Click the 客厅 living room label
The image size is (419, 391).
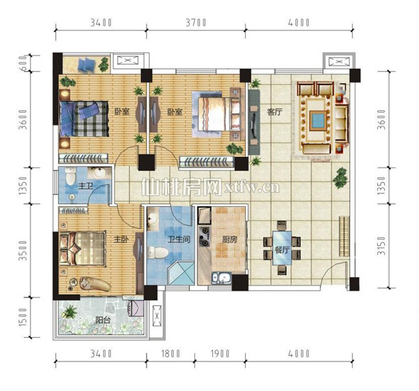click(x=274, y=112)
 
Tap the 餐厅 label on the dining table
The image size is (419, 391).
click(x=282, y=250)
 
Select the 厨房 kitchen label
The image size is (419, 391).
click(x=230, y=239)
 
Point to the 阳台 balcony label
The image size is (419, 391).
click(x=103, y=320)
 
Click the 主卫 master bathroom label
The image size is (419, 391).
click(x=85, y=186)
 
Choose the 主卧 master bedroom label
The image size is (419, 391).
click(x=122, y=239)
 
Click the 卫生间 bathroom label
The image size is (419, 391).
click(x=179, y=239)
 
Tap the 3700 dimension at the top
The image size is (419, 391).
click(x=196, y=23)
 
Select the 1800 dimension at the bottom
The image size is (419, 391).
click(x=170, y=353)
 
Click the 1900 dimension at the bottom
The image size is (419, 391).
click(x=220, y=353)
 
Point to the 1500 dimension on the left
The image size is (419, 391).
click(x=23, y=317)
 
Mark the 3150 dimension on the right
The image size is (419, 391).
click(x=381, y=245)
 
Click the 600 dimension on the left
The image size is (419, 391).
click(x=23, y=64)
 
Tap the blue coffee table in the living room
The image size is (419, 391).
click(x=318, y=120)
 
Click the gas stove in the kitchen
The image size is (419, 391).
click(x=204, y=236)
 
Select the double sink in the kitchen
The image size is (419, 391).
click(x=221, y=278)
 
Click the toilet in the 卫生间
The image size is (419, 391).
click(x=158, y=252)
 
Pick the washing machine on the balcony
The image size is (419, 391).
click(x=136, y=309)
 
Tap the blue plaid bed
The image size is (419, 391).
click(x=84, y=119)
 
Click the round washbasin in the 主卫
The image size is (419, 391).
click(x=99, y=172)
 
